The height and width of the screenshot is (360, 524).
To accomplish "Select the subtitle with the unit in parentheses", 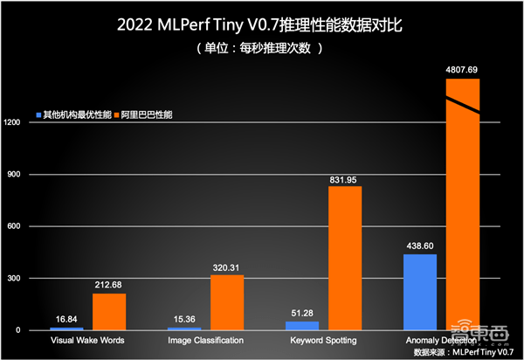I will [261, 49].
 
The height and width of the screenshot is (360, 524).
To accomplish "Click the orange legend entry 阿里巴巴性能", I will [144, 114].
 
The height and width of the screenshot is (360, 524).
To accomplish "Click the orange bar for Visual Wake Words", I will [109, 312].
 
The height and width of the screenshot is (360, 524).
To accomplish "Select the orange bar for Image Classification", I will [227, 302].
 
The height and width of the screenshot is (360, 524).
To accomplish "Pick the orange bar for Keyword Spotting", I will [345, 258].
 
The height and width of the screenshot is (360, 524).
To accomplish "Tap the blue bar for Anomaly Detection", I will [420, 292].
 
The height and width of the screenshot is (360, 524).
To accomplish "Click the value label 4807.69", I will [463, 69].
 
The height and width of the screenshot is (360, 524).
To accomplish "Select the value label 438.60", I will [420, 246].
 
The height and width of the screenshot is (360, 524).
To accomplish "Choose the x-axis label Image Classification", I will [205, 340].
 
